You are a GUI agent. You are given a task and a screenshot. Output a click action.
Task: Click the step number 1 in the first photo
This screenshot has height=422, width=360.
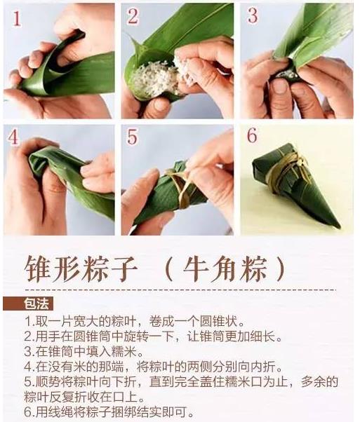[x=17, y=18]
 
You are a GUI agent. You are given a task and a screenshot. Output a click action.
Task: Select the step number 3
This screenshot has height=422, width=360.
[x=252, y=15]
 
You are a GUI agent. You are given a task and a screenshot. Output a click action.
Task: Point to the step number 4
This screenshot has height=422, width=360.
[x=13, y=137]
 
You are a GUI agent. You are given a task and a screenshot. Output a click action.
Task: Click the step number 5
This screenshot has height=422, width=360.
[x=133, y=137]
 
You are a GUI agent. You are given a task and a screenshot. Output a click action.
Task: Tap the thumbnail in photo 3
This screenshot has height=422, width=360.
[x=280, y=86]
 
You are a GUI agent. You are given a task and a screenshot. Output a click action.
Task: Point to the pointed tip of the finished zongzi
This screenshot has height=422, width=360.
[x=338, y=226]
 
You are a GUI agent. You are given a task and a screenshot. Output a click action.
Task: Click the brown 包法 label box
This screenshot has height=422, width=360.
[x=28, y=304]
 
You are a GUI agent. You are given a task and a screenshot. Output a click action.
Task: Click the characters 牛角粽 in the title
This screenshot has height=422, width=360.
[x=226, y=268]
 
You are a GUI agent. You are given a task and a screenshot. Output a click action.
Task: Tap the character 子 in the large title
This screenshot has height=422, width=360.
[x=124, y=268]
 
